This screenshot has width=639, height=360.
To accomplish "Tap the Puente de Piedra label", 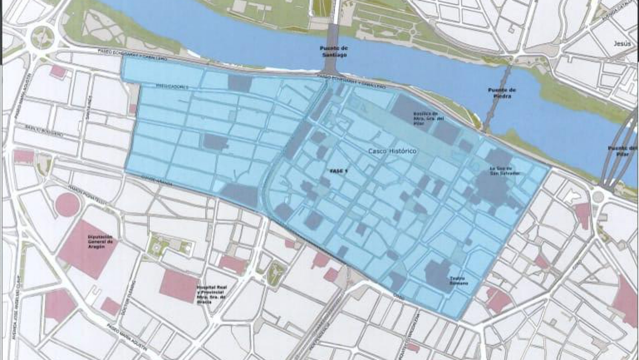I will click(x=502, y=93).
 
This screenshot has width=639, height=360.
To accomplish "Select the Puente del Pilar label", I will click(x=622, y=151).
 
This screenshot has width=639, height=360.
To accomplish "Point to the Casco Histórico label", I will click(x=392, y=151).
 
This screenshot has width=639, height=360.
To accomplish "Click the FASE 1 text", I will click(x=339, y=171).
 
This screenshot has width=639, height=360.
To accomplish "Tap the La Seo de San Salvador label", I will click(x=505, y=171).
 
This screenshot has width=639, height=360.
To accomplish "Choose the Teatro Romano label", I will click(x=458, y=280).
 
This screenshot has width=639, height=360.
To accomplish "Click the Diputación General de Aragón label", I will click(x=101, y=241).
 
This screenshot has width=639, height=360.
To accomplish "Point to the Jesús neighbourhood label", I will click(x=622, y=43).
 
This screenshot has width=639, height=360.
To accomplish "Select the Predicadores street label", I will click(x=171, y=86).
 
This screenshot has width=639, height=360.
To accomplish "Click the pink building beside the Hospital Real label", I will click(x=179, y=286).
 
